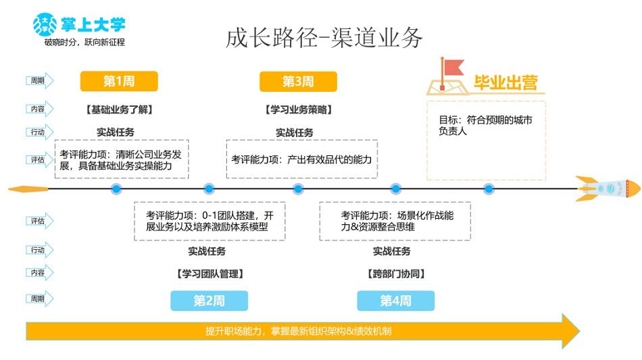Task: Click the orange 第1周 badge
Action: click(x=119, y=82)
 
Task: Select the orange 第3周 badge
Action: click(x=298, y=82)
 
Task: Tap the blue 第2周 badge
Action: click(x=209, y=301)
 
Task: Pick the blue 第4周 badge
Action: click(x=395, y=301)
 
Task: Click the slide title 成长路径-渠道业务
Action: click(x=324, y=38)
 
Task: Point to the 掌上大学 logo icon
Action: click(x=45, y=25)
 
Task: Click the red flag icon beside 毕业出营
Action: click(x=449, y=70)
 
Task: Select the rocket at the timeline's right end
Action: click(x=608, y=188)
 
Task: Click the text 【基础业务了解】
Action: click(x=119, y=109)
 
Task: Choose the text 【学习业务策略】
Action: click(x=298, y=109)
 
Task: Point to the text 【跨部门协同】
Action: click(x=395, y=274)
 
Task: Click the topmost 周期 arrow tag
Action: click(x=39, y=81)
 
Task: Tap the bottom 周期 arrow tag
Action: click(x=39, y=299)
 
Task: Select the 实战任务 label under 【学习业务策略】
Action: click(x=295, y=132)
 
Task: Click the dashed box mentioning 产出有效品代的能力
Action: click(x=301, y=159)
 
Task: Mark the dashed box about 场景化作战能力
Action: click(x=395, y=221)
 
